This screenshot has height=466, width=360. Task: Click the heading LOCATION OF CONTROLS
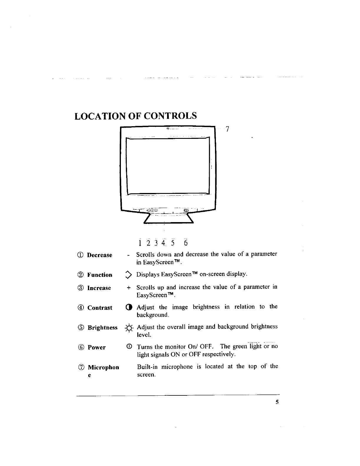136,116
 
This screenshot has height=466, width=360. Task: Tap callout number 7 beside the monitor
227,129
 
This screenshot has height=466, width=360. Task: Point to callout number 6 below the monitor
185,243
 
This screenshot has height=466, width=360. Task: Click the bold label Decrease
99,255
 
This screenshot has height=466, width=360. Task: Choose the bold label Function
100,275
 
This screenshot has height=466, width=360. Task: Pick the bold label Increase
99,288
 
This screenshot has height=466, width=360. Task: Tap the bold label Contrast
100,308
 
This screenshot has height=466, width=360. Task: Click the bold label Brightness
102,327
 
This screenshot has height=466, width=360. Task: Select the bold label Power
96,347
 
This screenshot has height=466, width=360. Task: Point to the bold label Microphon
104,367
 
